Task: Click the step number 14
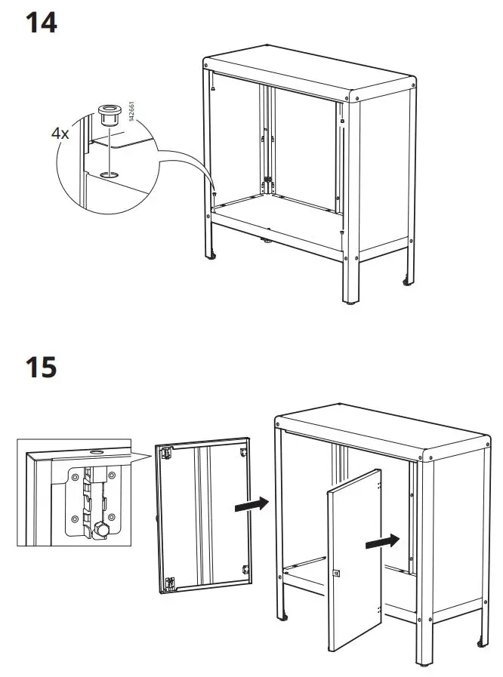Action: pyautogui.click(x=42, y=22)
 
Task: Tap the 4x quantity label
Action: pyautogui.click(x=60, y=133)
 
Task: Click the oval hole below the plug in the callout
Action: pyautogui.click(x=108, y=174)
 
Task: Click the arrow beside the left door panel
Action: pyautogui.click(x=251, y=504)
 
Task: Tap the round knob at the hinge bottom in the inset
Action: pyautogui.click(x=100, y=531)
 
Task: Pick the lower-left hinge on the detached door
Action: pyautogui.click(x=171, y=581)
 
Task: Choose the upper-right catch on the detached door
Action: pyautogui.click(x=243, y=451)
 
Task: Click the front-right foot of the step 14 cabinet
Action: pyautogui.click(x=350, y=303)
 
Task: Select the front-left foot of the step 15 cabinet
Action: pyautogui.click(x=285, y=617)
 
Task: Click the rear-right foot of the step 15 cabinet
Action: pyautogui.click(x=481, y=643)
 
